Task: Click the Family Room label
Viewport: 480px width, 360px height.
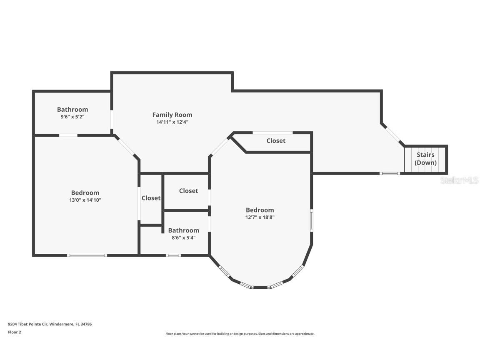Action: pyautogui.click(x=172, y=115)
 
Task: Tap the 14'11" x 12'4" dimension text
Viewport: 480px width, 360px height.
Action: pyautogui.click(x=172, y=122)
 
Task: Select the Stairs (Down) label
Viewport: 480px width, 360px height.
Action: pyautogui.click(x=425, y=159)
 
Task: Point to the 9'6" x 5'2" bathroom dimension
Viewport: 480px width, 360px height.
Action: pyautogui.click(x=72, y=117)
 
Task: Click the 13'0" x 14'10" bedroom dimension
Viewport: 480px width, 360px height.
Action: pyautogui.click(x=85, y=200)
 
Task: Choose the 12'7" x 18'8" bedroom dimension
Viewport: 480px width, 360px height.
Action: pyautogui.click(x=260, y=217)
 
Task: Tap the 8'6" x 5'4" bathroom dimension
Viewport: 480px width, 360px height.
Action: pyautogui.click(x=184, y=237)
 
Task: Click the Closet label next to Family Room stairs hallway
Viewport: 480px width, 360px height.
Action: pyautogui.click(x=276, y=141)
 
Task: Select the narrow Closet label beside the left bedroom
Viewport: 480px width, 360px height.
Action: pyautogui.click(x=151, y=198)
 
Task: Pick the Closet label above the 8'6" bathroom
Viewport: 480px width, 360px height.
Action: pyautogui.click(x=189, y=191)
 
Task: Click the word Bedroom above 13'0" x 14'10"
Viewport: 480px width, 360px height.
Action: pyautogui.click(x=85, y=193)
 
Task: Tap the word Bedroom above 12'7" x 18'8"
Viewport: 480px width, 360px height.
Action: pyautogui.click(x=260, y=210)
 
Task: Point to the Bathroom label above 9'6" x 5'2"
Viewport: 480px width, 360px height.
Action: pyautogui.click(x=72, y=109)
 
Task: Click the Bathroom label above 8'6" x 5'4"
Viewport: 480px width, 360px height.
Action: pyautogui.click(x=184, y=230)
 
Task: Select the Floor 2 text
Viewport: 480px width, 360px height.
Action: pyautogui.click(x=15, y=332)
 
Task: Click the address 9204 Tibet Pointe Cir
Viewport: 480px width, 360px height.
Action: pyautogui.click(x=28, y=324)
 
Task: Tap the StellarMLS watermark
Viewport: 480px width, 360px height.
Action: pyautogui.click(x=459, y=180)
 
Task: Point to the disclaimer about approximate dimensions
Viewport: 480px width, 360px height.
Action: pyautogui.click(x=240, y=334)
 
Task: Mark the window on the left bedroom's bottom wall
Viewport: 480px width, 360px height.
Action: pyautogui.click(x=87, y=255)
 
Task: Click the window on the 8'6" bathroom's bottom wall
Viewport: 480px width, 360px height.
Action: pyautogui.click(x=173, y=255)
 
